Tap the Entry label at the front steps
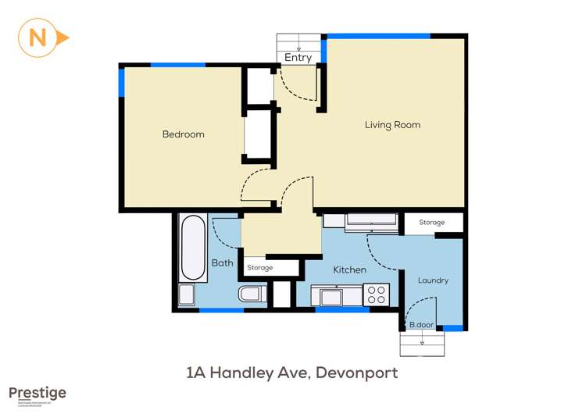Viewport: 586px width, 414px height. [298, 57]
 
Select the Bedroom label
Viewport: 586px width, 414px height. [183, 134]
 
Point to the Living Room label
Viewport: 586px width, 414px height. [392, 125]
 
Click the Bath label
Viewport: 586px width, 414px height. [222, 263]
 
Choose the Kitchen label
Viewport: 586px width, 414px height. [349, 270]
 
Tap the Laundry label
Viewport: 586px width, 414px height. [433, 280]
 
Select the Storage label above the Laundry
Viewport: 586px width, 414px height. [431, 223]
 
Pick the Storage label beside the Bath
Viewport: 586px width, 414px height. [260, 268]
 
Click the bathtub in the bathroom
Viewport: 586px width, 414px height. [194, 248]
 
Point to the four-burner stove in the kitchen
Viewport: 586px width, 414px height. [377, 294]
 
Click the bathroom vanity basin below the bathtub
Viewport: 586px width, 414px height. [186, 294]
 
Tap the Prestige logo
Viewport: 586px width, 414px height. [38, 394]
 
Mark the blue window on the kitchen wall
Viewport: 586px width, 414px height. [341, 309]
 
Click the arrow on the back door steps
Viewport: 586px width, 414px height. [422, 341]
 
